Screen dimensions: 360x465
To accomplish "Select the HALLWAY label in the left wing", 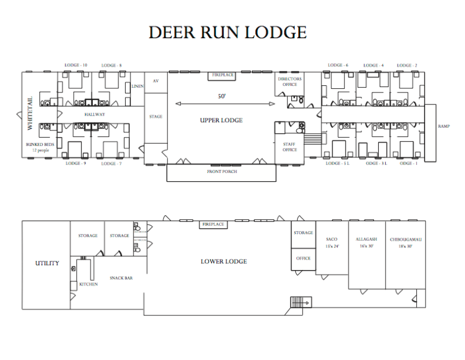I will tap(95, 114).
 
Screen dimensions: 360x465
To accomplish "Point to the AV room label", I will tap(156, 80).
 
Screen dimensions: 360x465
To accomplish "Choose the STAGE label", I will tap(155, 117).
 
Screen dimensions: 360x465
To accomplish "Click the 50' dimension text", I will tap(221, 96).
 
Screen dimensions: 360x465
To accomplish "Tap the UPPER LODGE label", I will tap(221, 120).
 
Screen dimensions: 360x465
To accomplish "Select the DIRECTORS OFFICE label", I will tap(290, 82).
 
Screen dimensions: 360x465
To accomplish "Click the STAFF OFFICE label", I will tap(289, 147).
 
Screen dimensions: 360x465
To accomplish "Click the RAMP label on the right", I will tap(443, 126).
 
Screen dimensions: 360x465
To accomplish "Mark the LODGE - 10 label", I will tap(76, 65).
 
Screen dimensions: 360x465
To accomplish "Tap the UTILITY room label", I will tap(47, 263).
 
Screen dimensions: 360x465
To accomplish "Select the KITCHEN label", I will tap(89, 284).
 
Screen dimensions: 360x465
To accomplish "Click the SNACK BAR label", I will tap(121, 277).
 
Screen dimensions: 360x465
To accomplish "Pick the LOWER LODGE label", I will tap(223, 261).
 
